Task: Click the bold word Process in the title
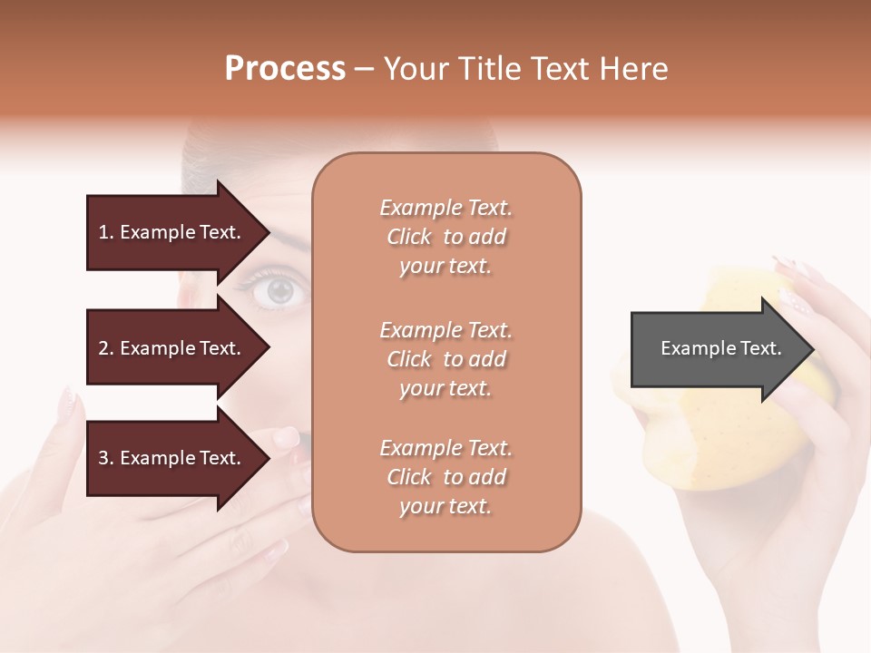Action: (285, 69)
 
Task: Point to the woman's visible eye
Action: (279, 291)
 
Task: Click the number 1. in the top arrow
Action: (106, 232)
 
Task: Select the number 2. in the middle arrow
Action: (106, 348)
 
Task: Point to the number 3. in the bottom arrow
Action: (106, 458)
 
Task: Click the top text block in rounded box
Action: (446, 237)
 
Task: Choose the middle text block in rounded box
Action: (446, 359)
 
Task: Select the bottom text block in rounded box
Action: (446, 477)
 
